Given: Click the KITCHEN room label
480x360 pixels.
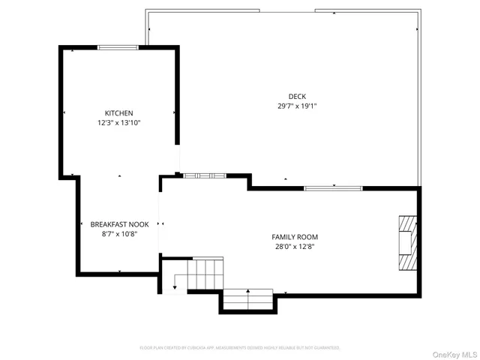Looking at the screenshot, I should tap(118, 113).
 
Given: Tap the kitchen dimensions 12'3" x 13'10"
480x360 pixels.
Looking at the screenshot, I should tap(118, 122).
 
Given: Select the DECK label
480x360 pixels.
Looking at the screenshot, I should tap(297, 96).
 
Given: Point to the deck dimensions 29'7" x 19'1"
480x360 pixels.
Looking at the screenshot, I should tap(297, 106).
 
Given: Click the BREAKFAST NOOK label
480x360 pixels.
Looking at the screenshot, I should tap(119, 224).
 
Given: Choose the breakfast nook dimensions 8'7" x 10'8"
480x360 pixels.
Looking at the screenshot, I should tap(119, 233).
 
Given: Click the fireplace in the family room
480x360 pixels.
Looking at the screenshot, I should tap(406, 241).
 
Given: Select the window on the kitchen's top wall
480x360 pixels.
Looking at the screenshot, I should tap(118, 48).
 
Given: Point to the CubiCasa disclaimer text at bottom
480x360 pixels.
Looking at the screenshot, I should tap(240, 348).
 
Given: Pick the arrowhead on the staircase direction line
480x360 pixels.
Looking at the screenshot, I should tap(175, 286).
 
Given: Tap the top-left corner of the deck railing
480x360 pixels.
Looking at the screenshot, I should tap(147, 11).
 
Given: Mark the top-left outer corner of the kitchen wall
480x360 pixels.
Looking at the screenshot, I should tap(61, 46).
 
